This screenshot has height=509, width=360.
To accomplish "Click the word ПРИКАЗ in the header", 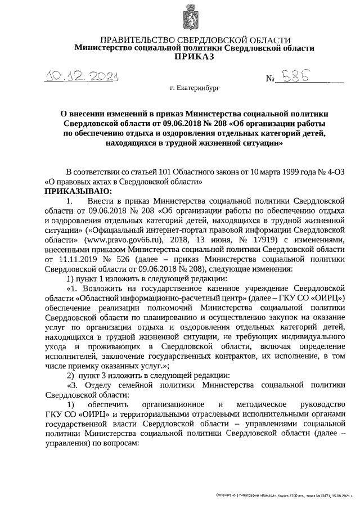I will click(195, 57).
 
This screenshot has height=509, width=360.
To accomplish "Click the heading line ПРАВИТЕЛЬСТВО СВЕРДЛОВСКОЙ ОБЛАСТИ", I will click(195, 40).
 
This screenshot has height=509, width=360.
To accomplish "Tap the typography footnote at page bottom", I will click(286, 495).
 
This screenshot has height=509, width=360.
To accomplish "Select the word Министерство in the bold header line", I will click(103, 48).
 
